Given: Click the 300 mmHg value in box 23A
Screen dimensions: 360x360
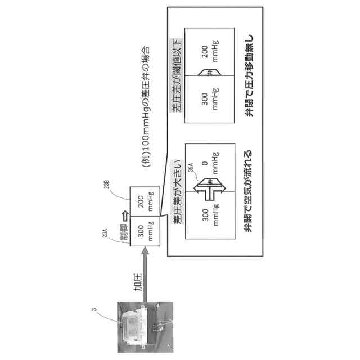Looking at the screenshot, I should pos(146,231).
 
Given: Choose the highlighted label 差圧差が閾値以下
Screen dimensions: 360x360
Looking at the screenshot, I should pos(177,80).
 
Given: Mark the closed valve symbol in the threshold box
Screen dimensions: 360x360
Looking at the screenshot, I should pos(209,73).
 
